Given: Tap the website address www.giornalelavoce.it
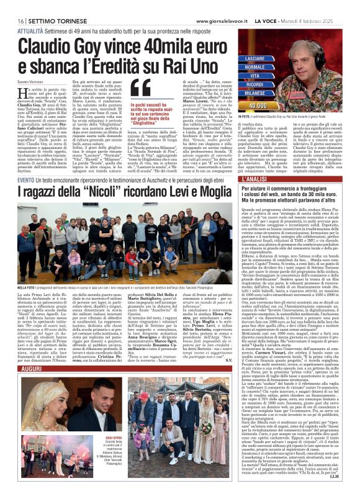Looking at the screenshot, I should [x=220, y=4].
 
